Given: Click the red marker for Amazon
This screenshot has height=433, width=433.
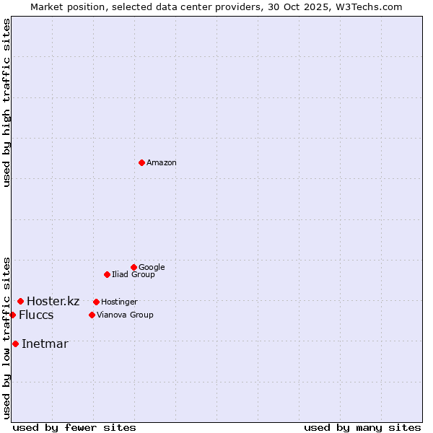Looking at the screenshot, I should (141, 162).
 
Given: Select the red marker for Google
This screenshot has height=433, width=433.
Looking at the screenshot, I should (134, 267).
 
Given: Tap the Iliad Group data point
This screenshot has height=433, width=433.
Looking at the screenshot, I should (107, 274).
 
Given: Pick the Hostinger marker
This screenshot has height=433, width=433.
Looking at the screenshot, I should (96, 302).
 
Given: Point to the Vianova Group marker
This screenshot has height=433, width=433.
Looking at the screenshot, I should (92, 315).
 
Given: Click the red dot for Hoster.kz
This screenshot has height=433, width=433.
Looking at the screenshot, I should (20, 301).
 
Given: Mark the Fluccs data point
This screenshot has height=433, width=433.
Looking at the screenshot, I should (12, 315).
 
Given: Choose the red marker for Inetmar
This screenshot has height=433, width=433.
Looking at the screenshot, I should (15, 344).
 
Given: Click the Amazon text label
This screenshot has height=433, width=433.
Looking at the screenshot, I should (162, 163).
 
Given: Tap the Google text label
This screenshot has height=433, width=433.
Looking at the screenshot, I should (152, 268).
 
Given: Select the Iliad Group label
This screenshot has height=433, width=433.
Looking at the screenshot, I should (134, 275).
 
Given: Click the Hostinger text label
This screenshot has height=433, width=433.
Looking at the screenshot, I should (119, 302).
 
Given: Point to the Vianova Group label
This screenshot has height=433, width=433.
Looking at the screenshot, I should (125, 315).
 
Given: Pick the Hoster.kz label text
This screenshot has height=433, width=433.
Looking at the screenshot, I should (53, 302).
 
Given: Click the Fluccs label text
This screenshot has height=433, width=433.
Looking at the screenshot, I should (36, 315).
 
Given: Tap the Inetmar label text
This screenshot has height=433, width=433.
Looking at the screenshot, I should (45, 344).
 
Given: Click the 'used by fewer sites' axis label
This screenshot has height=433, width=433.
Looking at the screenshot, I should (74, 428).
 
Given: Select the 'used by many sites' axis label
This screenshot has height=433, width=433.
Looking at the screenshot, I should (362, 428).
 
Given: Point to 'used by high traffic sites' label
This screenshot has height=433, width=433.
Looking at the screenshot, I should (6, 102).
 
